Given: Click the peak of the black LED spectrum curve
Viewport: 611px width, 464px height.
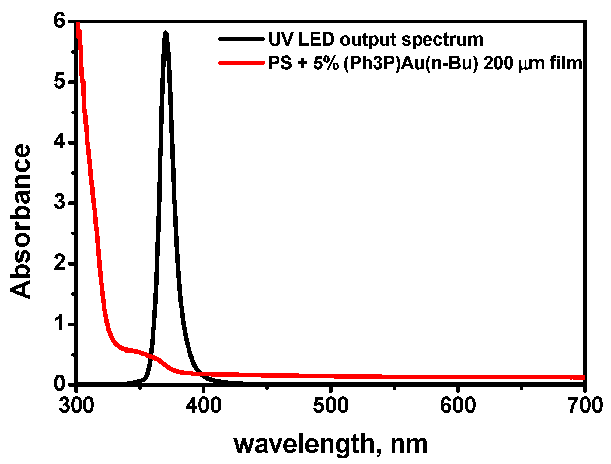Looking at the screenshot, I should click(x=166, y=33).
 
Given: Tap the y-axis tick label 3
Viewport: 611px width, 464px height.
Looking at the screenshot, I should click(x=60, y=202).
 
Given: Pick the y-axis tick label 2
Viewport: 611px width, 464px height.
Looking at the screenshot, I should click(x=60, y=263).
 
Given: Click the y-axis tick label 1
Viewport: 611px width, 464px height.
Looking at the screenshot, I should click(x=60, y=323).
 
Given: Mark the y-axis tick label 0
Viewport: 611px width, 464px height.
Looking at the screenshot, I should click(x=60, y=384).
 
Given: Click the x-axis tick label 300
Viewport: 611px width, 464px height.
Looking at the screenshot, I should click(x=76, y=406).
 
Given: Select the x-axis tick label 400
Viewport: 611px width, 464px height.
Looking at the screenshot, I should click(x=204, y=406).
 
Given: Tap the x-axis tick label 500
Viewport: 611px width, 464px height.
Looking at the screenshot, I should click(x=331, y=406).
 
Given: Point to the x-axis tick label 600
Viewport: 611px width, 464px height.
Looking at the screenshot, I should click(x=458, y=406).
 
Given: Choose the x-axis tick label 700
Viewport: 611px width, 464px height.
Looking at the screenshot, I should click(x=585, y=406).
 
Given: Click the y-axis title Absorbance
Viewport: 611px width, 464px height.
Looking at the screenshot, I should click(x=21, y=222).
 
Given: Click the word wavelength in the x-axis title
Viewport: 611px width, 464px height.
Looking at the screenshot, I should click(x=306, y=445).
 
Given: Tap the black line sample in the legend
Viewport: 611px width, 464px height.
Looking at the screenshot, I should click(x=241, y=39).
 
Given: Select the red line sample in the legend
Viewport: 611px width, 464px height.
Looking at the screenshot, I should click(x=241, y=63).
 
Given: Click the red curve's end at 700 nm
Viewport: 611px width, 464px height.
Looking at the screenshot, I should click(x=584, y=377).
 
